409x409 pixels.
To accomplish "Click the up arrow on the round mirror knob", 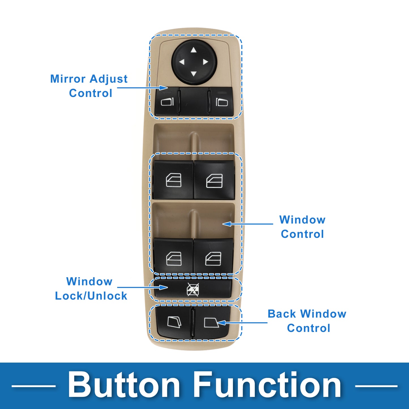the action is (193, 50).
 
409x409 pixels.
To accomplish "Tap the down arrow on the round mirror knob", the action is (193, 74).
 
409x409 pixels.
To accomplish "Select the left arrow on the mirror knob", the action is (182, 62).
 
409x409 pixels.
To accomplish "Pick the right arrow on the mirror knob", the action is (205, 62).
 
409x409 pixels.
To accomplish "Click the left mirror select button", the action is (167, 101).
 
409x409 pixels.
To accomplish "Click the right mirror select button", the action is (221, 101).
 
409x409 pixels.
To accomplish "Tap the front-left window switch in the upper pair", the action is (173, 179).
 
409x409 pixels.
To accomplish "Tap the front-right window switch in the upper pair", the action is (214, 179).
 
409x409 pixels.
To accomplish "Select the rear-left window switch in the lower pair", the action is (173, 256).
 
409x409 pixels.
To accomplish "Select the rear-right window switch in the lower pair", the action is (213, 256).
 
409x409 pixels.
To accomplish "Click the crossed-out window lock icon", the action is (193, 289).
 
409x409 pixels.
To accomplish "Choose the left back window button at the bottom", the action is (174, 322).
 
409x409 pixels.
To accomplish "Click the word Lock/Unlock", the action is (91, 296).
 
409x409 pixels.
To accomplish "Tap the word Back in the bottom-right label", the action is (282, 314).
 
